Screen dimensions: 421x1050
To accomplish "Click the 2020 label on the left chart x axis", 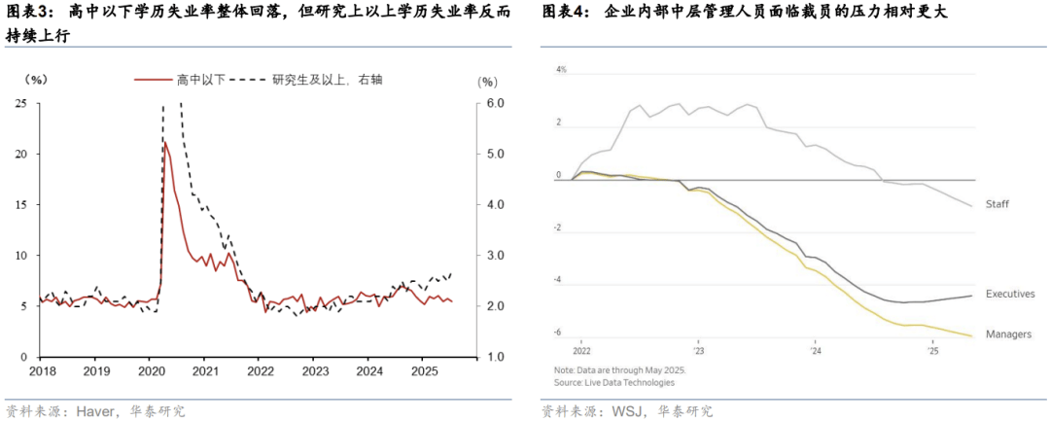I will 151,370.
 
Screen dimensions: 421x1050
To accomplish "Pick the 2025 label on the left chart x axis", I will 423,370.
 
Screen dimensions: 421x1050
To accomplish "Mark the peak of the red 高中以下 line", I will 165,142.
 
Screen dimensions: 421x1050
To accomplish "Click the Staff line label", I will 997,204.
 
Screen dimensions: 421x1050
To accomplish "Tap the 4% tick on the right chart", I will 561,70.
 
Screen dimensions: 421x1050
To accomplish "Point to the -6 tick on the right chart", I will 558,333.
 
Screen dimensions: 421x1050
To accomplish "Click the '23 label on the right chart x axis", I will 698,351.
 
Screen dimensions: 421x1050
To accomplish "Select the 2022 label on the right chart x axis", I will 581,351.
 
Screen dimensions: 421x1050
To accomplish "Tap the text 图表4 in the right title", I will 565,12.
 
